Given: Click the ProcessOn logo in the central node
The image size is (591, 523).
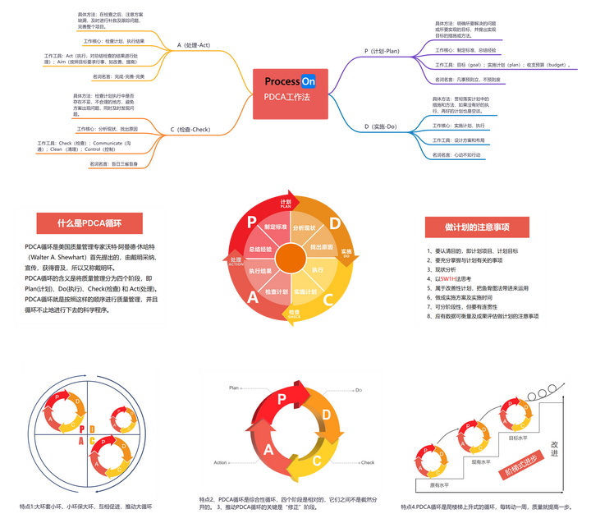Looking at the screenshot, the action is pos(291,81).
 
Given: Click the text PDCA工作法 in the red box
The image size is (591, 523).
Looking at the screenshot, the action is pos(286,98).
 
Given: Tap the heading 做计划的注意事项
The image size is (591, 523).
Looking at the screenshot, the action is pos(478,227).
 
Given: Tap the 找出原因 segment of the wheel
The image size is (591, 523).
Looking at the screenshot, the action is pos(321,245).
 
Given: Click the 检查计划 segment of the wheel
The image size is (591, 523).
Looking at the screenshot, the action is pos(277,292).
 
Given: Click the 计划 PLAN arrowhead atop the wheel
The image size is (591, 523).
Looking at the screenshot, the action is pos(286,202).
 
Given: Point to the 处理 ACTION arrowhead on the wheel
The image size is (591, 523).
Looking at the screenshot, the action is pos(235,259).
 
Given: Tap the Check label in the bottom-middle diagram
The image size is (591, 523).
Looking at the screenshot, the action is pos(367,463).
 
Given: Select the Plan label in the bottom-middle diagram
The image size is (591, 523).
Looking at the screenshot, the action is pos(234,387).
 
